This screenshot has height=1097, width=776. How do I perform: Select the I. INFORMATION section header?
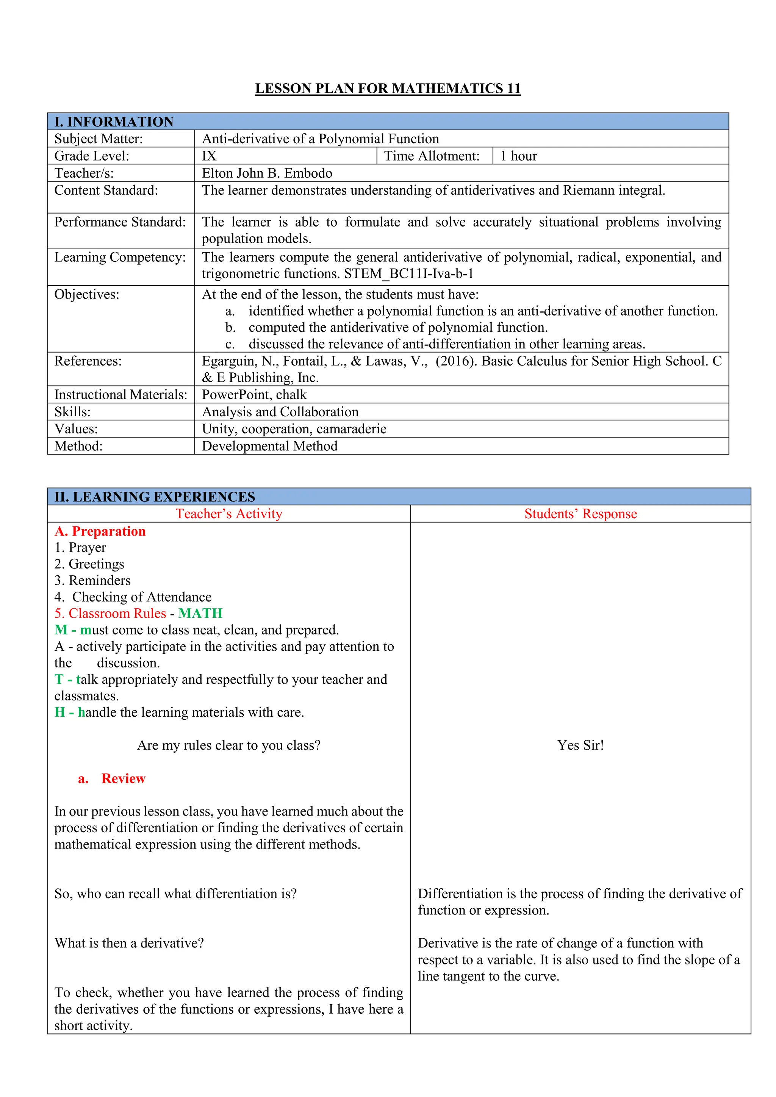click(x=114, y=122)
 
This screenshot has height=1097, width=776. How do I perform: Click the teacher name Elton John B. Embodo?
click(x=267, y=173)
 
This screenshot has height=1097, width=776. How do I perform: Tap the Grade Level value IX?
click(x=209, y=156)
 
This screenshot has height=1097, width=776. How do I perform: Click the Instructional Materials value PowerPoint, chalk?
click(x=254, y=395)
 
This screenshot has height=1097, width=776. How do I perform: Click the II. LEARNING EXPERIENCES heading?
click(x=155, y=497)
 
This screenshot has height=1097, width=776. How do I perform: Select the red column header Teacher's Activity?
click(x=229, y=514)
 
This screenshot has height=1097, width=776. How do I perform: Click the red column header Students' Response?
click(x=580, y=514)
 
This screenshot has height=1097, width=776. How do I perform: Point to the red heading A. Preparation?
click(x=100, y=531)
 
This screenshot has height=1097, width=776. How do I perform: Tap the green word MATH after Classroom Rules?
click(x=200, y=614)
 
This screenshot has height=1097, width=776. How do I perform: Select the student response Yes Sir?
click(x=580, y=745)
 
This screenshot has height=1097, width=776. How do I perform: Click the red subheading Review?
click(x=123, y=779)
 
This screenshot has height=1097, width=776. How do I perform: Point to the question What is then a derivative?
click(x=129, y=943)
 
